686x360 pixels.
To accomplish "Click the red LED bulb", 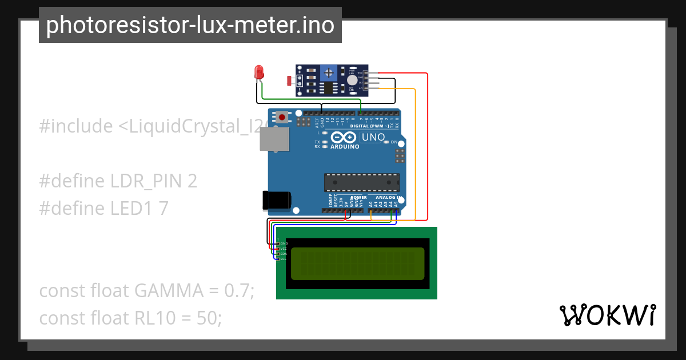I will tap(259, 73).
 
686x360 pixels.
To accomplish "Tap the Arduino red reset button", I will tap(282, 117).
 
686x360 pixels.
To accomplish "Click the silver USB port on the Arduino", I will tap(274, 139).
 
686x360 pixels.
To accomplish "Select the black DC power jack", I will tap(276, 199).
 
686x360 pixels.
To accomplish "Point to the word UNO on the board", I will tap(373, 138).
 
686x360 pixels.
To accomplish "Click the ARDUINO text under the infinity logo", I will tap(345, 146).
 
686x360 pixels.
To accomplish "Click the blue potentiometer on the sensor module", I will tap(328, 73).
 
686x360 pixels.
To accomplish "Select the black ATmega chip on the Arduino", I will tap(362, 182).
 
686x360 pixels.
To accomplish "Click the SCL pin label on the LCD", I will tap(283, 259).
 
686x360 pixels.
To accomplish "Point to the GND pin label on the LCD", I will tap(284, 244).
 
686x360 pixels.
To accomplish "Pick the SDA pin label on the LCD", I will tap(283, 254).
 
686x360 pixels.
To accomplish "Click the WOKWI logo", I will tap(607, 315).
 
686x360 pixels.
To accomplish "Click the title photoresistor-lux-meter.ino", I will tap(190, 25).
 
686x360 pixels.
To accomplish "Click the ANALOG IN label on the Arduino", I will tap(389, 197).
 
